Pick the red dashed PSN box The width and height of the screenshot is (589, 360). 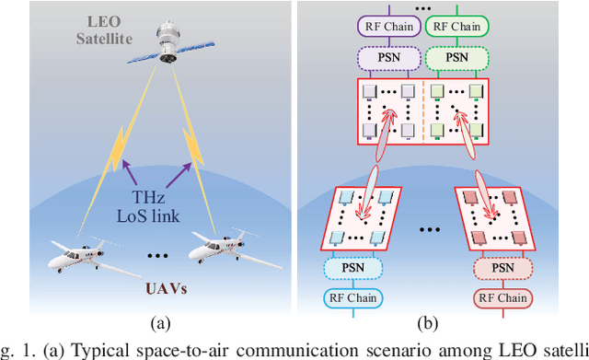503,267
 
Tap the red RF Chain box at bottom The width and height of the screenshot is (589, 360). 503,298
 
